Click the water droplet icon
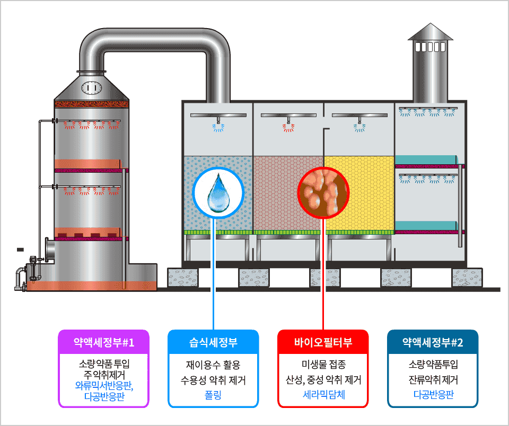[x=218, y=193]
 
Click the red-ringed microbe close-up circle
[x=323, y=193]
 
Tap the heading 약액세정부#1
[x=103, y=342]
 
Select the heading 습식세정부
[x=213, y=342]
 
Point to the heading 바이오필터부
[x=323, y=342]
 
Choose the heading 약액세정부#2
[x=433, y=342]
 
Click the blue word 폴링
[x=213, y=395]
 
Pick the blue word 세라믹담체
[x=323, y=395]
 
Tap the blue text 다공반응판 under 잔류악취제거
[x=433, y=395]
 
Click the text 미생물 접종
[x=323, y=365]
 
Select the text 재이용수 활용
[x=213, y=365]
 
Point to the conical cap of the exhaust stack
[x=431, y=31]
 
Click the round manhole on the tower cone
[x=92, y=87]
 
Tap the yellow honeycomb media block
[x=359, y=193]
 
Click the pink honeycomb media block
[x=288, y=193]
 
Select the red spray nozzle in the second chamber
[x=288, y=126]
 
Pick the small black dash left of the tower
[x=20, y=250]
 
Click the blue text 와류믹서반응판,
[x=104, y=386]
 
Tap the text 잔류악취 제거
[x=433, y=379]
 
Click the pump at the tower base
[x=33, y=268]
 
